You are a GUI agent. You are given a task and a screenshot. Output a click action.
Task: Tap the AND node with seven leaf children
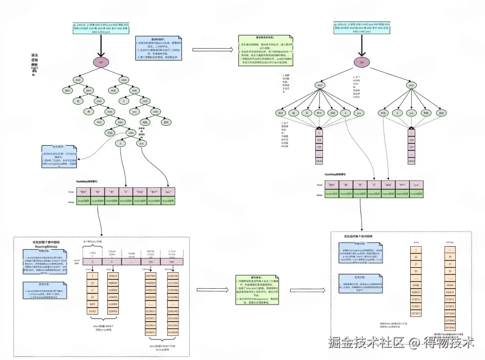319,85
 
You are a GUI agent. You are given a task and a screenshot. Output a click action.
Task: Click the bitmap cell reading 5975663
450,318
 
